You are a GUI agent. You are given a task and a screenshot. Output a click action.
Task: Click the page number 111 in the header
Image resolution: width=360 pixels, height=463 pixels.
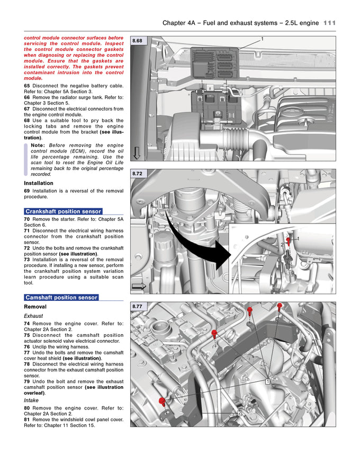coord(329,23)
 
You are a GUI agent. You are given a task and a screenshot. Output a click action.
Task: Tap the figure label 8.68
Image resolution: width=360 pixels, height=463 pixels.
coord(138,41)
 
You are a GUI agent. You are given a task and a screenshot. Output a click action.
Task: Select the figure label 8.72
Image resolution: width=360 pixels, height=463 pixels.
coord(138,173)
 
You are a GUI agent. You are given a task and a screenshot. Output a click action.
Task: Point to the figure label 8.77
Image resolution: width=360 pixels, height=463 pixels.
coord(138,306)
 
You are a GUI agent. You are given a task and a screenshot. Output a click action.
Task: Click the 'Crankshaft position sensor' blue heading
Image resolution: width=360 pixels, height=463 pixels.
coord(63,211)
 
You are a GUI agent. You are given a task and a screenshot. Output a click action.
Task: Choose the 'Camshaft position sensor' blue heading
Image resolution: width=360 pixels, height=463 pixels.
coord(61,297)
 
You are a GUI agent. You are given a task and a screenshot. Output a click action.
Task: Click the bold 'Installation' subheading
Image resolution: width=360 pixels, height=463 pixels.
coord(39,183)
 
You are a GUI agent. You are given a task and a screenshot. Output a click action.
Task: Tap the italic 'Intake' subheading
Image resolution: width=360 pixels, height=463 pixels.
coord(31,400)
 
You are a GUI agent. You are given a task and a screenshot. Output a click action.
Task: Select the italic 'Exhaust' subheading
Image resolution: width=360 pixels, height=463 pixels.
coord(33,315)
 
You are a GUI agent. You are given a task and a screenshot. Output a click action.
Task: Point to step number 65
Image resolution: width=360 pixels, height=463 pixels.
coord(27,85)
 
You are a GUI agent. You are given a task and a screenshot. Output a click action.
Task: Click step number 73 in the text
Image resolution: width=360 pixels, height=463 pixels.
coord(27,260)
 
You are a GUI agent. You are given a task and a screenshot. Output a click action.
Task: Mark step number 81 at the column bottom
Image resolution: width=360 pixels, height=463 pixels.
coord(27,419)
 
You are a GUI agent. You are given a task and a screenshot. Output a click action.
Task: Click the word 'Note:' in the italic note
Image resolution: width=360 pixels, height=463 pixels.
coord(38,145)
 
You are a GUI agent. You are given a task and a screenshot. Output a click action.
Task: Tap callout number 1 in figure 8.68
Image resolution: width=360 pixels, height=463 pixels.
coord(262,39)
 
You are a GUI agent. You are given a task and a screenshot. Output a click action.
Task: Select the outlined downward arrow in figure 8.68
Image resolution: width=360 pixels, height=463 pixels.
coord(137,153)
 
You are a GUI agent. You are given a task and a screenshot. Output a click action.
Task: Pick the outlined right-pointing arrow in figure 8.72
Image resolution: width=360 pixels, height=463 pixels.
coord(139,286)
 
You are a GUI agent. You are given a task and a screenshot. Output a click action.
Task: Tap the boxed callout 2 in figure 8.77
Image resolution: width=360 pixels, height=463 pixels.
coord(239,413)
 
